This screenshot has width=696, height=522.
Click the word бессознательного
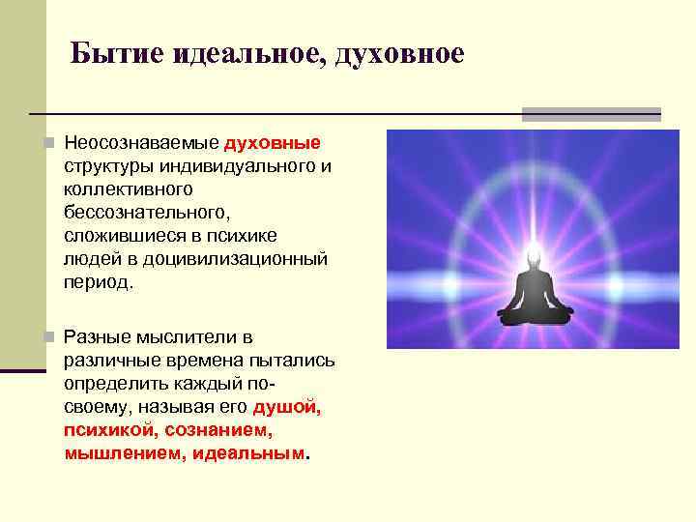(146, 214)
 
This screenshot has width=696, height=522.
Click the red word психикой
(110, 430)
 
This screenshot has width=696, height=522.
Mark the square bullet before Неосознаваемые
(50, 144)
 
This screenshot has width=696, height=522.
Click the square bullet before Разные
(50, 337)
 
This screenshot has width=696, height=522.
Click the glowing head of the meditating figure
(534, 256)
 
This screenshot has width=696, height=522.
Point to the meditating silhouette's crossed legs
(534, 313)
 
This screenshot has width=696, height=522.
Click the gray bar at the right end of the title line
(591, 114)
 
